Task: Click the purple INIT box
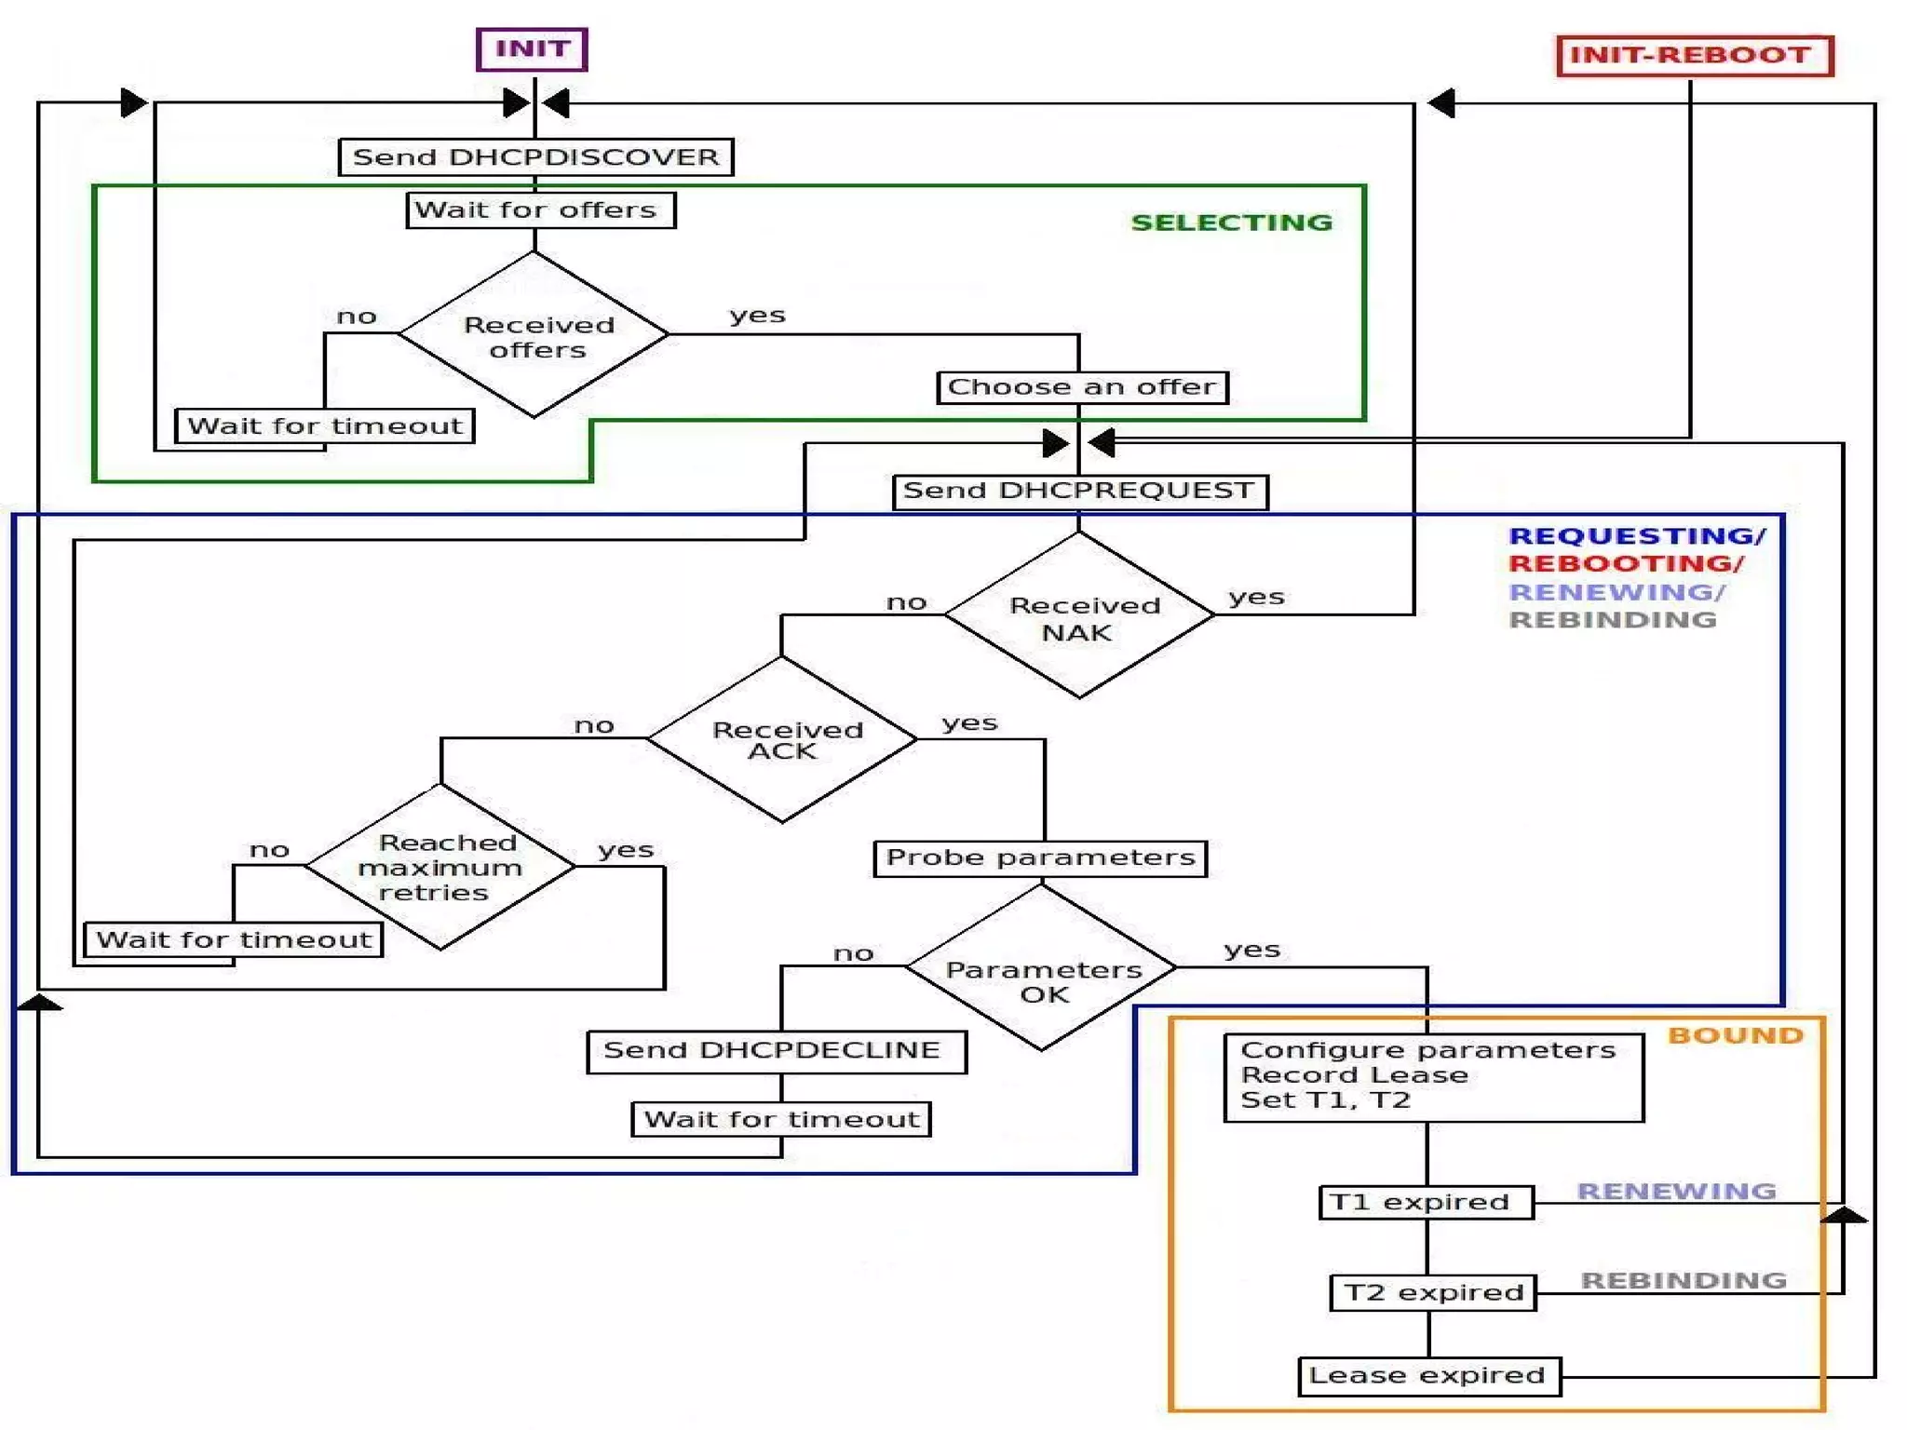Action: coord(532,49)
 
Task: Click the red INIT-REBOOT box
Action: coord(1694,55)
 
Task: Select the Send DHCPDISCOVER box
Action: coord(536,156)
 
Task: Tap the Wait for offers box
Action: coord(540,209)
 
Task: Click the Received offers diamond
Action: coord(534,335)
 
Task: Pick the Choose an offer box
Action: coord(1082,387)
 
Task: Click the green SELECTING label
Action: coord(1231,223)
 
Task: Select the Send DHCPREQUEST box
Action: coord(1080,491)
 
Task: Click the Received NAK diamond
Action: coord(1079,615)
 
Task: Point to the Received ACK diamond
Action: coord(782,740)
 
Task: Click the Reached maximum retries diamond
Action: coord(440,867)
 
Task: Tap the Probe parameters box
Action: coord(1040,857)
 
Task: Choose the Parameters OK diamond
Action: coord(1041,968)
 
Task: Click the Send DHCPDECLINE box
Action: coord(776,1051)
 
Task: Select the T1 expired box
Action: coord(1426,1202)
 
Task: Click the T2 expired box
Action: coord(1433,1293)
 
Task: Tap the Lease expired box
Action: coord(1428,1376)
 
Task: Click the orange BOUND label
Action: coord(1735,1036)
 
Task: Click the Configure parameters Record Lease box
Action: coord(1433,1076)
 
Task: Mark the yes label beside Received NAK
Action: coord(1256,597)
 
